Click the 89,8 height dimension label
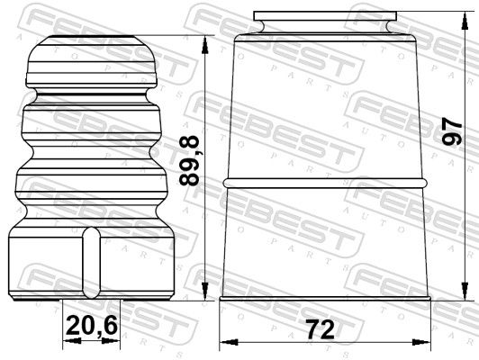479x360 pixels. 189,161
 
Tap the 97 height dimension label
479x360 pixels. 452,132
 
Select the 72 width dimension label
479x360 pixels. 321,329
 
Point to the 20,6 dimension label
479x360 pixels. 91,326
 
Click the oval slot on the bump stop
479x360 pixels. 91,263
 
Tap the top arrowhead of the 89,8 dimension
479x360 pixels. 205,45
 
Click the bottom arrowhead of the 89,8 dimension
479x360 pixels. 205,292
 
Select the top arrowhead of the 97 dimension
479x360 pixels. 465,21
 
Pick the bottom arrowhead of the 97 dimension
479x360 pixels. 465,292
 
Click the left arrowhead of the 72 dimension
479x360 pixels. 229,342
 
